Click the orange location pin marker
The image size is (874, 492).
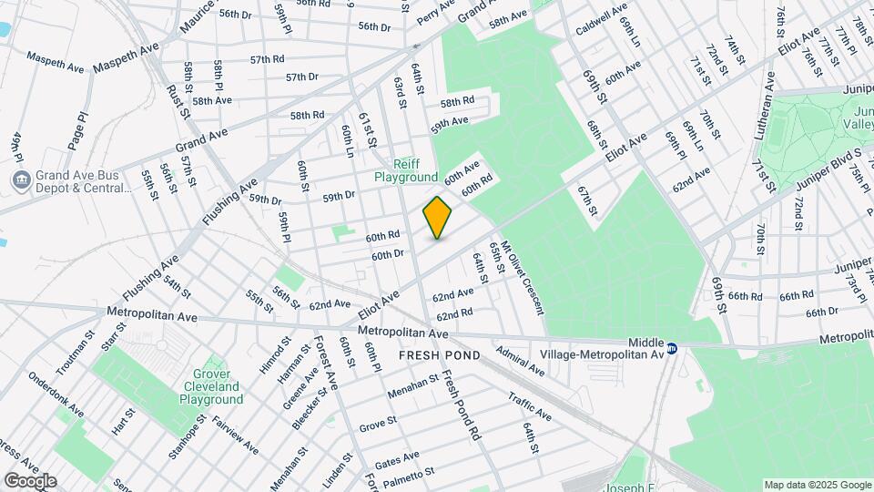click(x=438, y=218)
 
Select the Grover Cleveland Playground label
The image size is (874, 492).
click(x=210, y=386)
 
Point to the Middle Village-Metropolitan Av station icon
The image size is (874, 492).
click(x=672, y=347)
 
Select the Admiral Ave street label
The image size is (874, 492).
click(x=520, y=361)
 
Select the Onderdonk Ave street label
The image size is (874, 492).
click(x=56, y=394)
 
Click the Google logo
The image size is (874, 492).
click(x=29, y=481)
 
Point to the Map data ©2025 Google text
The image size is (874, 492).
click(x=817, y=484)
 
